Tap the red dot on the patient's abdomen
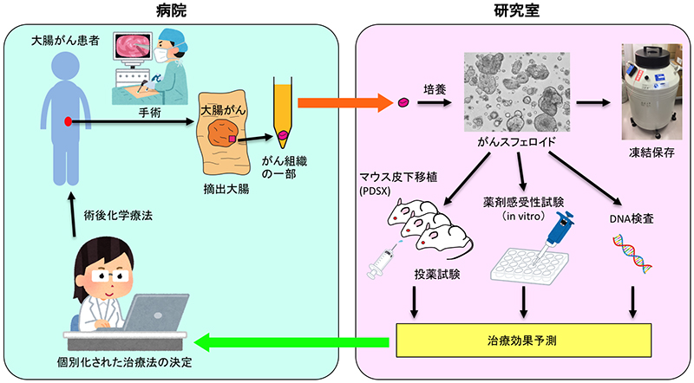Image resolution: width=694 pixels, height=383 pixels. [x=67, y=122]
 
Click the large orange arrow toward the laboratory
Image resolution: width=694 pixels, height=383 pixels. [x=344, y=102]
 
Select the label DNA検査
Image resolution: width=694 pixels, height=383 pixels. [x=631, y=218]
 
